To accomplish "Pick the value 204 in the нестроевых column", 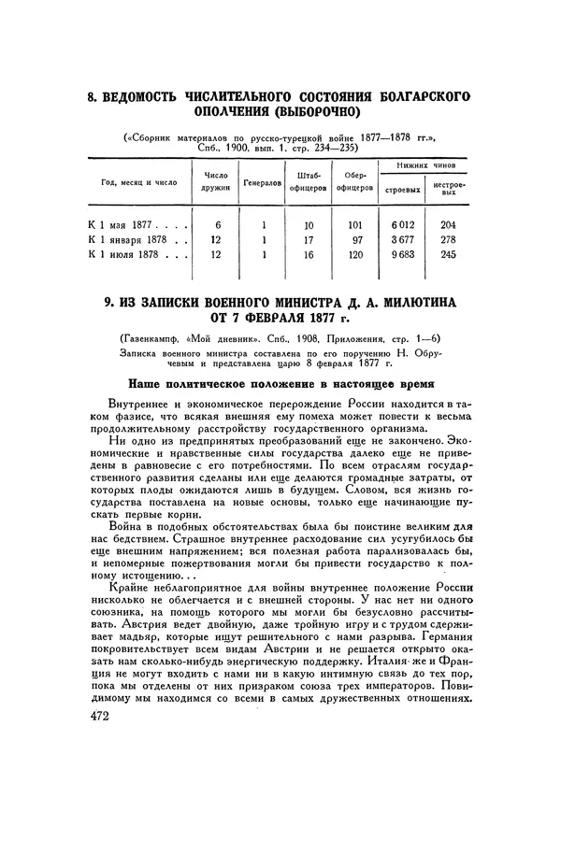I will pyautogui.click(x=447, y=224).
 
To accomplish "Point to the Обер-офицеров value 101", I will pyautogui.click(x=353, y=224).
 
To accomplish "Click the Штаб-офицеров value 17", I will pyautogui.click(x=309, y=239).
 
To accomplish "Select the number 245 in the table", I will pyautogui.click(x=447, y=253).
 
